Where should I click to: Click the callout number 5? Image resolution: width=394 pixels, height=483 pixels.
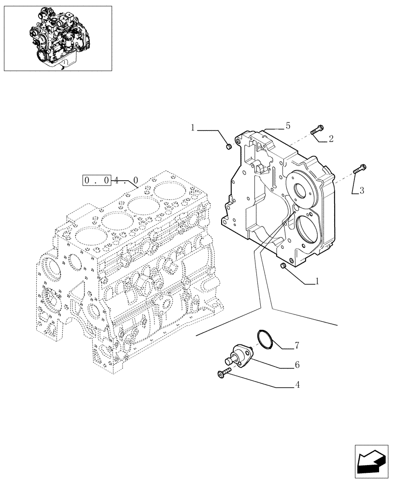coord(288,126)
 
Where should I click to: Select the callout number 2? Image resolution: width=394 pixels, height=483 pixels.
coord(331,139)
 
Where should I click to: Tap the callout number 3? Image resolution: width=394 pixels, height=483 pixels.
coord(362,190)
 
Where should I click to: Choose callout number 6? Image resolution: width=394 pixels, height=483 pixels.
coord(297,365)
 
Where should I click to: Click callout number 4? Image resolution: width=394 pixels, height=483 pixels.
coord(297,385)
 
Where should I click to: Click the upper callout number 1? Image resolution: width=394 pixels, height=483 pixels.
coord(192,128)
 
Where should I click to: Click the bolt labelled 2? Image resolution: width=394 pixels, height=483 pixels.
coord(317,129)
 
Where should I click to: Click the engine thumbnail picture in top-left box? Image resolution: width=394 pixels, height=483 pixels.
coord(57,38)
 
